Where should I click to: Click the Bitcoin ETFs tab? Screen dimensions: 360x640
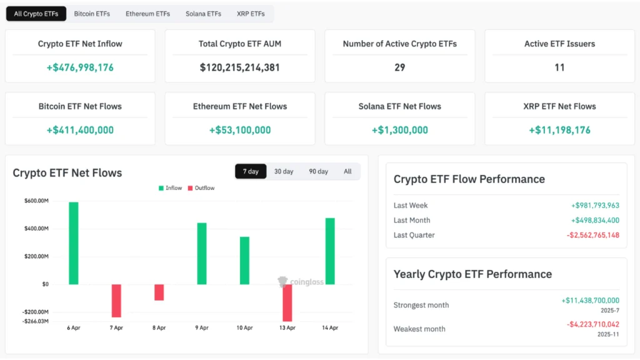(x=92, y=14)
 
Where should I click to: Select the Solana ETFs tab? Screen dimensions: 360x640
(x=203, y=14)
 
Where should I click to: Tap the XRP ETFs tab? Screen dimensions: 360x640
(x=251, y=14)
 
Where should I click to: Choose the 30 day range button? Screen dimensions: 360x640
(x=284, y=171)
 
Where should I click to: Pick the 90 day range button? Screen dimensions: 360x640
(x=318, y=171)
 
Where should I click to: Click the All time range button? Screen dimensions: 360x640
(x=347, y=171)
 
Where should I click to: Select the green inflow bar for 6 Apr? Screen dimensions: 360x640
(x=74, y=243)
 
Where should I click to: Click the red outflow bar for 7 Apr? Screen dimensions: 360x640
(x=116, y=301)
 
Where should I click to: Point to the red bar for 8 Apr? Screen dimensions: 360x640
(x=159, y=292)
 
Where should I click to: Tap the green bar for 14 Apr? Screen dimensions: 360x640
(x=330, y=251)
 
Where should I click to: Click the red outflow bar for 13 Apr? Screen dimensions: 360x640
(x=287, y=303)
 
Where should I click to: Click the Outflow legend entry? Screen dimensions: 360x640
(x=201, y=188)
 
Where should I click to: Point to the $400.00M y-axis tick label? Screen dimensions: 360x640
(x=36, y=229)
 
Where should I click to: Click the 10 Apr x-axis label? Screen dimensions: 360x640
(x=244, y=327)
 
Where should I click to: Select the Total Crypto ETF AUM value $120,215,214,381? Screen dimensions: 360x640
(x=240, y=67)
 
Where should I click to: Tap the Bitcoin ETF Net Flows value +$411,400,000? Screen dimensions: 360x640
(x=80, y=130)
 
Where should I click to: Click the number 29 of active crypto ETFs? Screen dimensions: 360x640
(x=399, y=67)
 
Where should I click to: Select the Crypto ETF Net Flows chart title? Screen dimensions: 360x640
(x=67, y=173)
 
